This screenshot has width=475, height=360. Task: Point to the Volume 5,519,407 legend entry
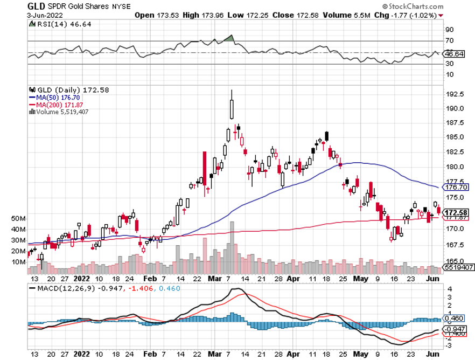(59, 112)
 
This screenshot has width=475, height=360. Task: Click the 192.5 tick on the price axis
(455, 93)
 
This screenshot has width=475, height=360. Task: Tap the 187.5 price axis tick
(455, 122)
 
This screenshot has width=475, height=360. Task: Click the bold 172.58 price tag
(456, 212)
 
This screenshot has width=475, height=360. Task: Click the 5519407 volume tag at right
(458, 267)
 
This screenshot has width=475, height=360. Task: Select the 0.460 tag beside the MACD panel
(453, 319)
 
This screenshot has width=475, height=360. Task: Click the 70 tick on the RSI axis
(449, 40)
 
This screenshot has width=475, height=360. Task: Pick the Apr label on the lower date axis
(292, 279)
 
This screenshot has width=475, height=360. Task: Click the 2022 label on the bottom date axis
(82, 279)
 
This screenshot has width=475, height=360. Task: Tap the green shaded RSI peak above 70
(230, 38)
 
